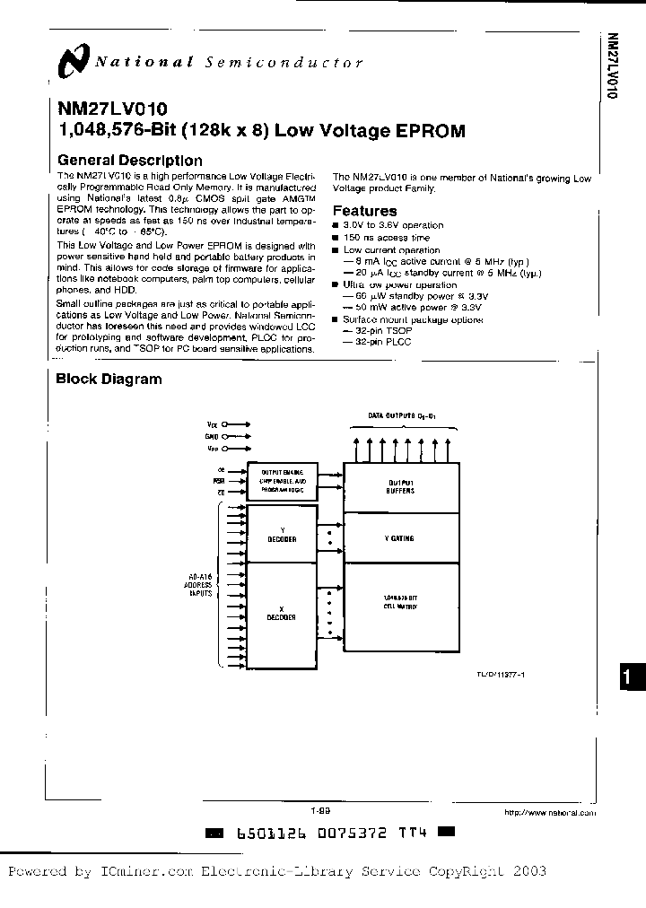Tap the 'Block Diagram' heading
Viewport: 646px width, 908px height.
pos(109,379)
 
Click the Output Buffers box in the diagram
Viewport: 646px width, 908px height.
pos(401,486)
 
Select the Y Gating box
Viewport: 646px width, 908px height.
pos(401,538)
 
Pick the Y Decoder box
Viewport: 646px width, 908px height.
pos(282,536)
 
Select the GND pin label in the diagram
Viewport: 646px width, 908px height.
pos(212,435)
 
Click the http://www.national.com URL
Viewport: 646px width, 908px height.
pos(550,812)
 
